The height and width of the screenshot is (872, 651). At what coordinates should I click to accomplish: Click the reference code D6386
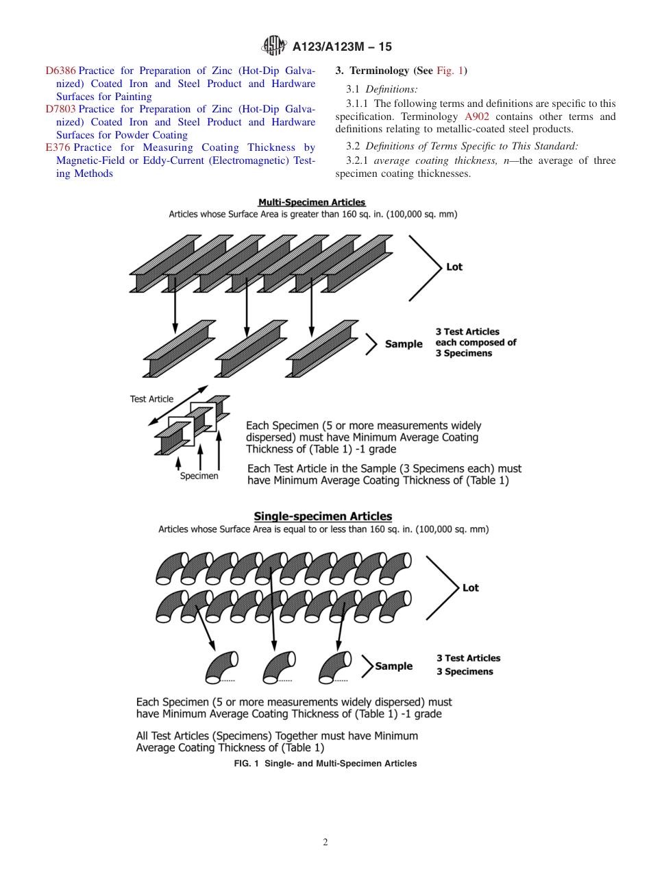(60, 71)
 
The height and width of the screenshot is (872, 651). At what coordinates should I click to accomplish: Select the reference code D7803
(60, 110)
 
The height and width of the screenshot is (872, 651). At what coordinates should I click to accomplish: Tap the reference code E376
(58, 148)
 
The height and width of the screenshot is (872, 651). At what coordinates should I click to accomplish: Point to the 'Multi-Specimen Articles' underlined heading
(312, 202)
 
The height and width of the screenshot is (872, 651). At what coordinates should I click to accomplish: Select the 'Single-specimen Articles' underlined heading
(323, 516)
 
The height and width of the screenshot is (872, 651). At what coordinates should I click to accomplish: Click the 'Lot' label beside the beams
(454, 267)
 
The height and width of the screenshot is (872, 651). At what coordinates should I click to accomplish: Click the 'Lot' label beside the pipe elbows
(471, 588)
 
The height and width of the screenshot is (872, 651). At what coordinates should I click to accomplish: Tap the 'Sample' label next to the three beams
(404, 343)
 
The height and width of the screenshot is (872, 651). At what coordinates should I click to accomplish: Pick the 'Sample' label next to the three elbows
(394, 666)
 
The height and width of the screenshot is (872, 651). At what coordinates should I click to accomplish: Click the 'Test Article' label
(151, 399)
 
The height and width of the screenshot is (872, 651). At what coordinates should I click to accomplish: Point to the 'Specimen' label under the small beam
(199, 476)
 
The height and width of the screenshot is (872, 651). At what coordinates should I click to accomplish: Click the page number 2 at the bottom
(325, 843)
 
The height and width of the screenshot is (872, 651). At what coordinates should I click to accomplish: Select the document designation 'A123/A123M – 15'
(342, 47)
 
